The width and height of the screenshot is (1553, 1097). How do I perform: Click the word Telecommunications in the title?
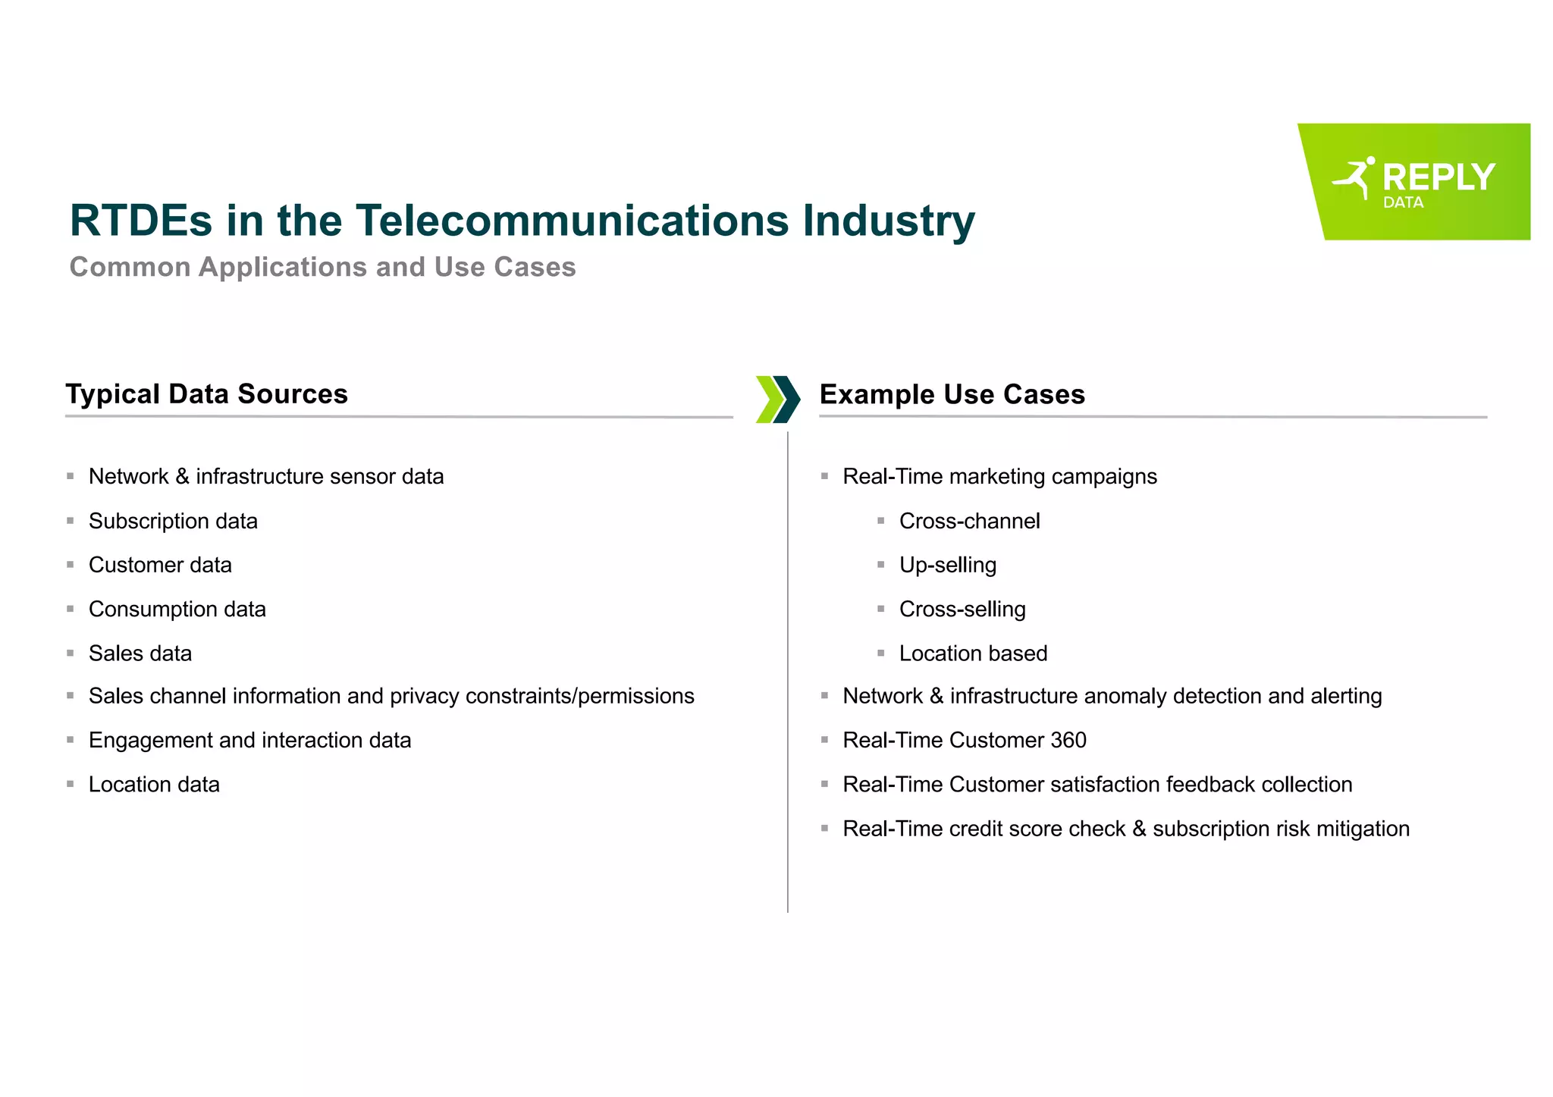573,221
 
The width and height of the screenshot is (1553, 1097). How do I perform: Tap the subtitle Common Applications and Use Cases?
322,267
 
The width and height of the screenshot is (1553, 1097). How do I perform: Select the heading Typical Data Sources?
206,394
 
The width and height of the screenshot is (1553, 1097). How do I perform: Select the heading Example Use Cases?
952,394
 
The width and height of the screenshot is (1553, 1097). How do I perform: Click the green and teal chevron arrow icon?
778,399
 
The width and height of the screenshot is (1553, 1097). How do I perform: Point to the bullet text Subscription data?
173,522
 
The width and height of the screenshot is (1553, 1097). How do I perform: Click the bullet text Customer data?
160,566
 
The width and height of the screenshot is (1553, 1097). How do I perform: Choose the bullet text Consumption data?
177,610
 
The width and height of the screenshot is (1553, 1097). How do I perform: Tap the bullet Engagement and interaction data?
249,741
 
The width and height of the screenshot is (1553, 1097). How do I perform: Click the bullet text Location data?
154,785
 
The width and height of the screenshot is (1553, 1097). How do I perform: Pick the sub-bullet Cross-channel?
969,522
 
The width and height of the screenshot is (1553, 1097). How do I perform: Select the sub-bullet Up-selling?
947,566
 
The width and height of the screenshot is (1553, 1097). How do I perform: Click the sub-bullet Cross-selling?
962,610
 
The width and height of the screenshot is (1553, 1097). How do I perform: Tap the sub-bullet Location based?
973,653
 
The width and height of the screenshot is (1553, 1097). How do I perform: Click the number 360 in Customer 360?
1068,741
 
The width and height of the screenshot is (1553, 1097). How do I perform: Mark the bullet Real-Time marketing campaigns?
999,477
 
